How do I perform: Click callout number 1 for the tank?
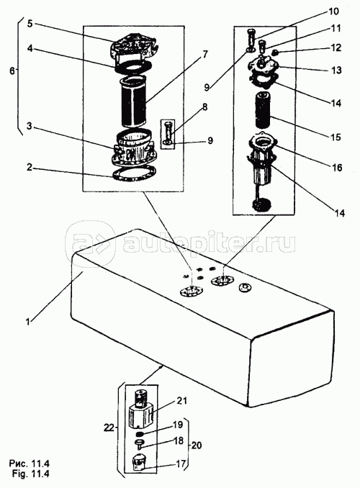click(28, 322)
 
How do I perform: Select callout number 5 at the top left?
click(30, 24)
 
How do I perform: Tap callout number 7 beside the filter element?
click(204, 54)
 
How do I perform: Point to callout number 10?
click(333, 12)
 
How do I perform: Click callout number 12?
click(336, 48)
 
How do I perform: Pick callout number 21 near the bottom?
click(181, 400)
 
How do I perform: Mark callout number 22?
click(109, 428)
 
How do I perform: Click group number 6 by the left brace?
click(12, 71)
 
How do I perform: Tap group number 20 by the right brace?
click(196, 446)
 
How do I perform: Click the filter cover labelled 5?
click(133, 46)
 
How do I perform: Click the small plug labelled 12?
click(275, 53)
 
